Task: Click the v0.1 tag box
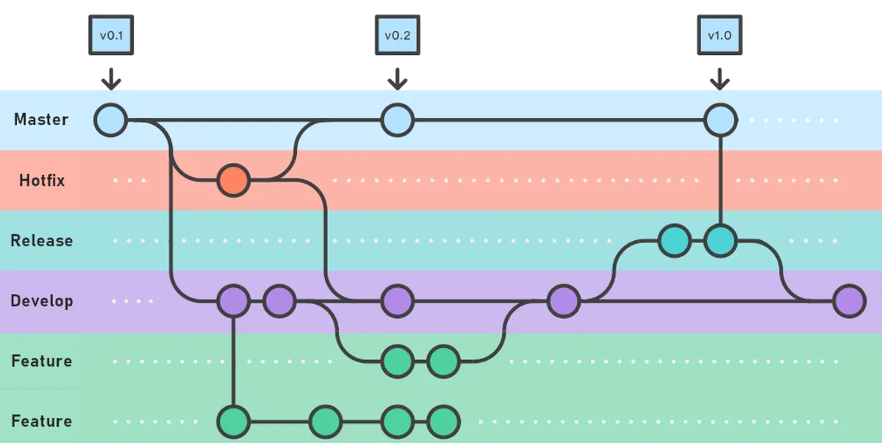tap(110, 35)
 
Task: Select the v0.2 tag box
tap(397, 35)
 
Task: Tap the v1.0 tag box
tap(720, 35)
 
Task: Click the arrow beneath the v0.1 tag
tap(110, 77)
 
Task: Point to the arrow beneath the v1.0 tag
tap(720, 77)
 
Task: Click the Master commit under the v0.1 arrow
tap(110, 120)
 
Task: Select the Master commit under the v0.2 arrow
tap(397, 120)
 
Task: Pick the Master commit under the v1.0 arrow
tap(720, 120)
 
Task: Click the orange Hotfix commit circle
tap(233, 180)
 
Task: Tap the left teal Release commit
tap(674, 240)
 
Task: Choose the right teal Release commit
tap(720, 240)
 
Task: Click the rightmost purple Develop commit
tap(850, 301)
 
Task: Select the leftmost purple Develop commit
tap(233, 301)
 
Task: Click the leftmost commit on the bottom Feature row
tap(233, 422)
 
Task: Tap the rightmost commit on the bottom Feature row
tap(443, 422)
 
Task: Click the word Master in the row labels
tap(41, 120)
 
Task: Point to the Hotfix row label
tap(42, 181)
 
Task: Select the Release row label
tap(42, 241)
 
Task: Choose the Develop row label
tap(42, 301)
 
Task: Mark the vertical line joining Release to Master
tap(720, 180)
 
